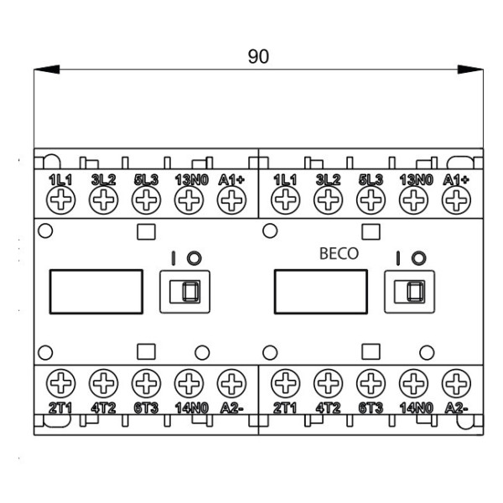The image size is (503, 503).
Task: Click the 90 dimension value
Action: click(258, 56)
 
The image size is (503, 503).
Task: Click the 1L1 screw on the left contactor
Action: click(61, 200)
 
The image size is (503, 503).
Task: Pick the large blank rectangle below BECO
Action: click(323, 290)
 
